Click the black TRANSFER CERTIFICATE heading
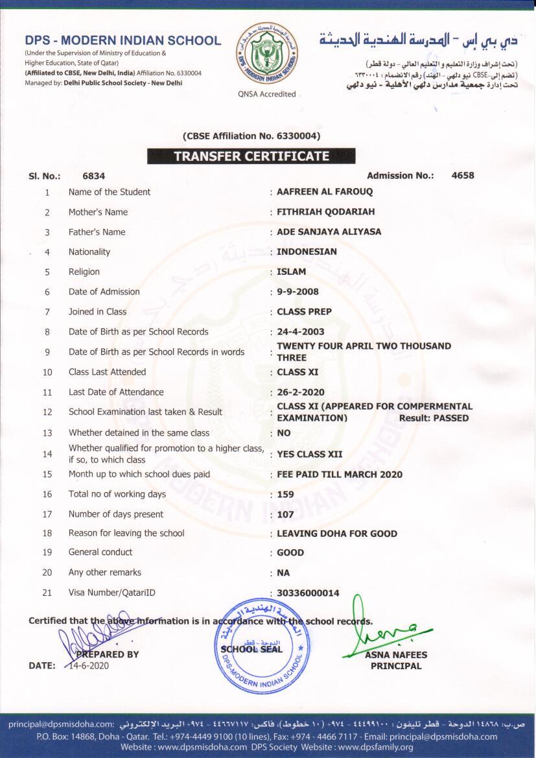point(251,156)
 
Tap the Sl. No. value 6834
point(94,176)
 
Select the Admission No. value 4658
point(463,176)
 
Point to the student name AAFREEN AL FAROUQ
point(325,192)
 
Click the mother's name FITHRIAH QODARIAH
point(325,212)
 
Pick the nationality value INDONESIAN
point(307,252)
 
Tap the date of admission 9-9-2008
point(297,292)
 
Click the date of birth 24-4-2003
point(300,332)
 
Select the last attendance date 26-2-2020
point(301,392)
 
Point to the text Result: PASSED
point(434,418)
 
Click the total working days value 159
point(285,494)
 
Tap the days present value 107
point(285,514)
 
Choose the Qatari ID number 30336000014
point(308,593)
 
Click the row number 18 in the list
point(47,533)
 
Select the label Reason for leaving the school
point(126,533)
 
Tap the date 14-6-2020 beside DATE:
point(87,665)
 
